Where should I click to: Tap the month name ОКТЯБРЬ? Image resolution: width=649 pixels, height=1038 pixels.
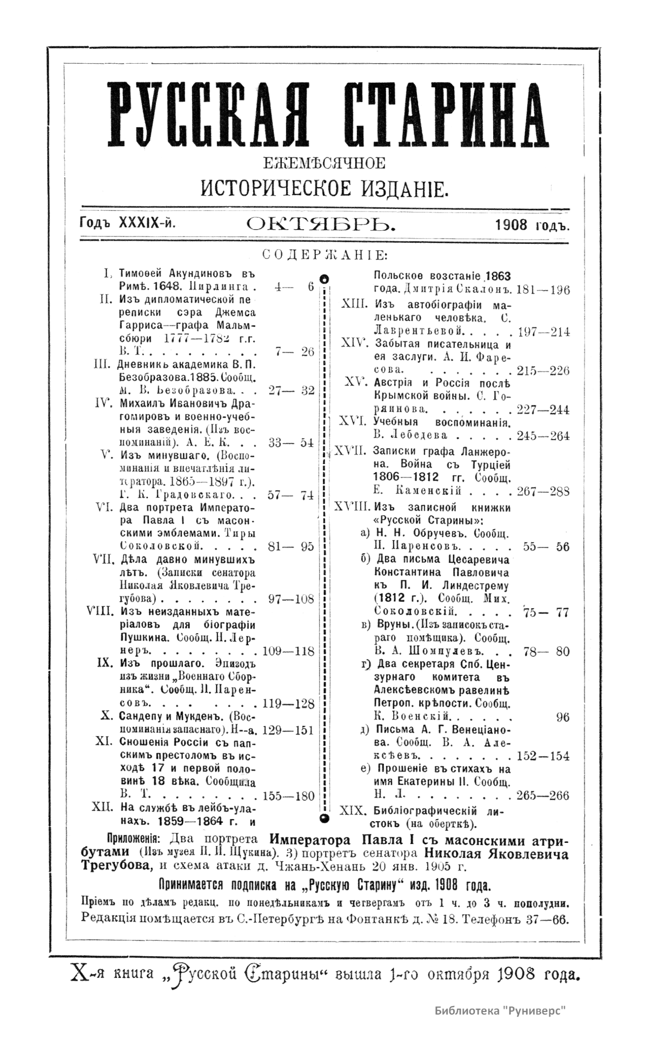pos(321,223)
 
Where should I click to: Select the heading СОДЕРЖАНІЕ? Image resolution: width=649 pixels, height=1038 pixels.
pos(324,255)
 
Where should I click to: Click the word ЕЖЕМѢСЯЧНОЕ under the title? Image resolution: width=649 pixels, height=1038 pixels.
pos(324,163)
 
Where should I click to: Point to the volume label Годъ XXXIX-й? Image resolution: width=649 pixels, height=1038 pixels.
pos(128,223)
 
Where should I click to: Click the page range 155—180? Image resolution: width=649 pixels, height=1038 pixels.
pos(288,796)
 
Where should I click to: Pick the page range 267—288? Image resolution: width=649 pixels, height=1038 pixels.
pos(543,491)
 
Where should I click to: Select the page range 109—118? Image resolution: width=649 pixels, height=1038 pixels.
pos(288,651)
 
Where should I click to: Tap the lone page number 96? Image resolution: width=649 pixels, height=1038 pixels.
pos(562,717)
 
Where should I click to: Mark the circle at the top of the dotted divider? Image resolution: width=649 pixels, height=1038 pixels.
pos(324,279)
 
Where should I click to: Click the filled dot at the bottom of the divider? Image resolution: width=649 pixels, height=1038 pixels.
pos(324,818)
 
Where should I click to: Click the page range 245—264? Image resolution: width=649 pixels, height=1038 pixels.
pos(543,436)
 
